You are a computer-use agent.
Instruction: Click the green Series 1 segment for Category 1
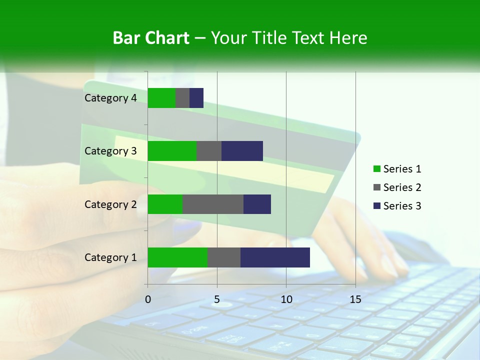pos(177,257)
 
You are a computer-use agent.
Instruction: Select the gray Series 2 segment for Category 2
pos(213,204)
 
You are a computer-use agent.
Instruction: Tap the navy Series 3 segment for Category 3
pos(242,151)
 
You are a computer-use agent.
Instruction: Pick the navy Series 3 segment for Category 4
pos(196,98)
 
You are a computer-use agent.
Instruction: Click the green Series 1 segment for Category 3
pos(172,151)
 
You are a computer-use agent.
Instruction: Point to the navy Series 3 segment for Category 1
pos(275,257)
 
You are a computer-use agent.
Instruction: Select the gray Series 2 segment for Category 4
pos(182,98)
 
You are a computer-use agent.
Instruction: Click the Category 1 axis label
pos(110,257)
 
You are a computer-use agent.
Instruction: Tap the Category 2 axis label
pos(110,204)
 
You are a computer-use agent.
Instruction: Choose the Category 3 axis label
pos(110,151)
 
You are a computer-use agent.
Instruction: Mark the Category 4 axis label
pos(110,98)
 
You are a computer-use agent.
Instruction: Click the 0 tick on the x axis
pos(148,299)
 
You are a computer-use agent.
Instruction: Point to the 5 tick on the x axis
pos(217,299)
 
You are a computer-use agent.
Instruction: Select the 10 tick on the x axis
pos(286,299)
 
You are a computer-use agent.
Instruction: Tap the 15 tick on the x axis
pos(355,299)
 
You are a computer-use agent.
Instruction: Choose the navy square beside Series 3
pos(377,206)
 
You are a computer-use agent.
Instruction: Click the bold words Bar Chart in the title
pos(151,38)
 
